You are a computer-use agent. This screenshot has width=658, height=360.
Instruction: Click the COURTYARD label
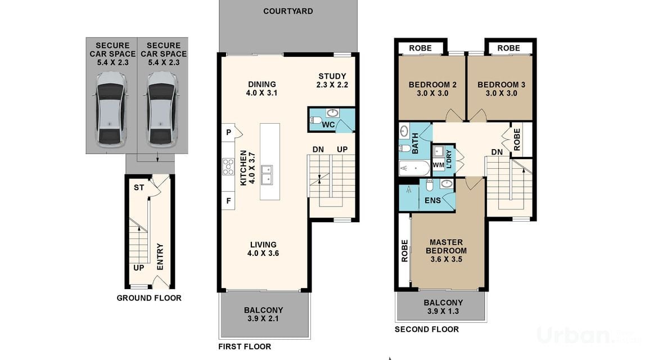pyautogui.click(x=288, y=11)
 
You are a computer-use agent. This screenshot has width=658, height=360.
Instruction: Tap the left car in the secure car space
pyautogui.click(x=111, y=110)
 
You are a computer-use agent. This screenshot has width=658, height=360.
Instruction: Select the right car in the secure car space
pyautogui.click(x=162, y=110)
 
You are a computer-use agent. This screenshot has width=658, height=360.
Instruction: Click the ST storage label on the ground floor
pyautogui.click(x=139, y=187)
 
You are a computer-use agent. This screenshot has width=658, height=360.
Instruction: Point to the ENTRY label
pyautogui.click(x=160, y=257)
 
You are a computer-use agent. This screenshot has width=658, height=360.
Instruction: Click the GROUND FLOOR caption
pyautogui.click(x=149, y=298)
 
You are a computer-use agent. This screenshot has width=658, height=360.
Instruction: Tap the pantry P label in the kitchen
pyautogui.click(x=229, y=133)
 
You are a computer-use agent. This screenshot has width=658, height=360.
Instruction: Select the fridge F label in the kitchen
pyautogui.click(x=229, y=201)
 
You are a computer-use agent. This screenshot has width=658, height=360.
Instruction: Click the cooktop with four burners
pyautogui.click(x=228, y=166)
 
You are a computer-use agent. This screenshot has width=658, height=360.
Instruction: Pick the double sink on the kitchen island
pyautogui.click(x=267, y=174)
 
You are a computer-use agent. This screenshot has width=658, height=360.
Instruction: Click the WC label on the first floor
pyautogui.click(x=328, y=125)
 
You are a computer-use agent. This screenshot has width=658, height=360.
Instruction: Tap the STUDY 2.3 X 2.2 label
pyautogui.click(x=332, y=80)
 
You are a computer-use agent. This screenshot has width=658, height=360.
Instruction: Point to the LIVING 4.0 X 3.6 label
pyautogui.click(x=263, y=249)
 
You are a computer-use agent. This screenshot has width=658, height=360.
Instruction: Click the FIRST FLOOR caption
pyautogui.click(x=245, y=346)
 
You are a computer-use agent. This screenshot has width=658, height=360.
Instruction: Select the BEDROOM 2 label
pyautogui.click(x=432, y=85)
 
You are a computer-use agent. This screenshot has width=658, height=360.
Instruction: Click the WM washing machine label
pyautogui.click(x=438, y=165)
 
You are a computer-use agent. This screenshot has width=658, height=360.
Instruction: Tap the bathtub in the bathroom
pyautogui.click(x=414, y=168)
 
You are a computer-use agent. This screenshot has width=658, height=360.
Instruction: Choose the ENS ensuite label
pyautogui.click(x=432, y=201)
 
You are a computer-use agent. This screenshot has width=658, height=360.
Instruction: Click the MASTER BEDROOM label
pyautogui.click(x=446, y=246)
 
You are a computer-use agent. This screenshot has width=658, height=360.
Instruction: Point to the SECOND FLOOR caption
pyautogui.click(x=427, y=330)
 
